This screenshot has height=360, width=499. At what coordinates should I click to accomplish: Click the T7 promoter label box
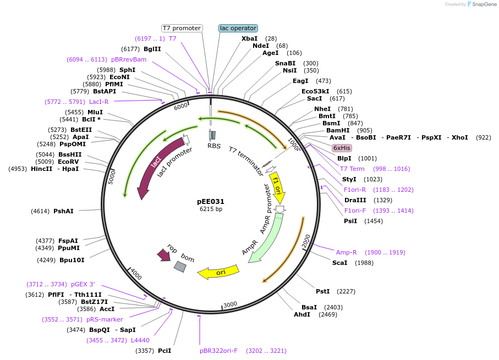tap(182, 28)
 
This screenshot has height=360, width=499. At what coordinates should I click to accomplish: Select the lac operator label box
tap(238, 28)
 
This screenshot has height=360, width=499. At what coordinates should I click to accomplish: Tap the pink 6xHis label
tap(342, 148)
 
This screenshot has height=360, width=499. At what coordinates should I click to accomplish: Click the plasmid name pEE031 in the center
tap(211, 202)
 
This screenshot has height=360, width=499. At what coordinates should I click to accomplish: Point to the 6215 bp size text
tap(211, 209)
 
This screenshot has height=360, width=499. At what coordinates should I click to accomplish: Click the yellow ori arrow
tap(219, 272)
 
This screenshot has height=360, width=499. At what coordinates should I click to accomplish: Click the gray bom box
tap(180, 267)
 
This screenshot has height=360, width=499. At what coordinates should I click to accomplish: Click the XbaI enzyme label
tap(249, 38)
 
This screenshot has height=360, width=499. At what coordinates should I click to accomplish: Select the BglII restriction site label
tap(152, 49)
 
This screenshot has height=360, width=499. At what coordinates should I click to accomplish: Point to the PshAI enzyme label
tap(63, 211)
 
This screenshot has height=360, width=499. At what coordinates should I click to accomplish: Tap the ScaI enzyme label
tap(339, 263)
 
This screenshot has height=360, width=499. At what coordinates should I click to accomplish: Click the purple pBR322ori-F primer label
tap(218, 350)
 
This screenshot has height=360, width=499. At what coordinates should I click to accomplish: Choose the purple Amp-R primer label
tap(347, 252)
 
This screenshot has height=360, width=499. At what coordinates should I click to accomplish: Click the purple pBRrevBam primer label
tap(129, 59)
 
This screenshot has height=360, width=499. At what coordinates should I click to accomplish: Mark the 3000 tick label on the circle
tap(230, 304)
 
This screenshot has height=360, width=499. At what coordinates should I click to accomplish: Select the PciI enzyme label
tap(164, 350)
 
